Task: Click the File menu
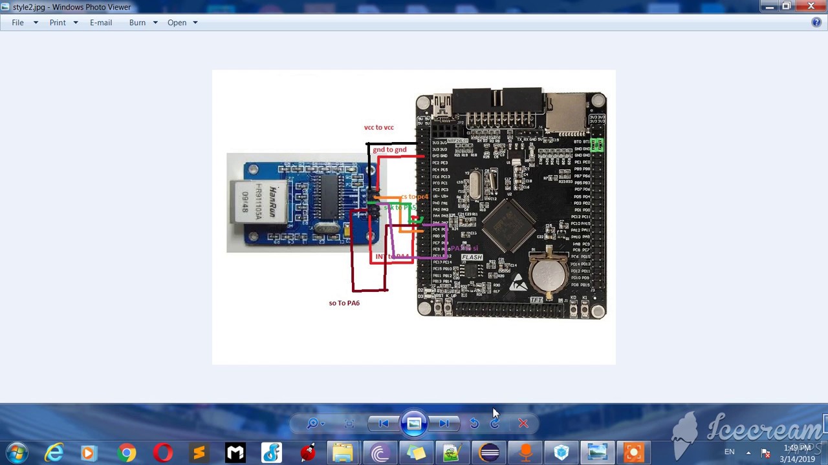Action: (x=17, y=23)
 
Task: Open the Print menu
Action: (x=58, y=23)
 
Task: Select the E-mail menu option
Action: (x=101, y=23)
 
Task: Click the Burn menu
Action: (x=137, y=23)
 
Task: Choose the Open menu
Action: (x=177, y=23)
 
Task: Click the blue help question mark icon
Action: (x=816, y=23)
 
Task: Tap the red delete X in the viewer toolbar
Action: (x=523, y=424)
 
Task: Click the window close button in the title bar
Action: (x=811, y=6)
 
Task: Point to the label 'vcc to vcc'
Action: (x=378, y=127)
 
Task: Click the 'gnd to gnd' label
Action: (x=389, y=150)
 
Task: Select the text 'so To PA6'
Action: (x=344, y=303)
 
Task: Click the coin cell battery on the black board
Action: (x=549, y=273)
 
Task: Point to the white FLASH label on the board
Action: (x=472, y=258)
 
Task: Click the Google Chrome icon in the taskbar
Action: (x=127, y=452)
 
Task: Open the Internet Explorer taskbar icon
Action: (x=54, y=452)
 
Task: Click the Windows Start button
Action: (x=17, y=452)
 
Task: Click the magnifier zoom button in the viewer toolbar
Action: (x=312, y=424)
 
